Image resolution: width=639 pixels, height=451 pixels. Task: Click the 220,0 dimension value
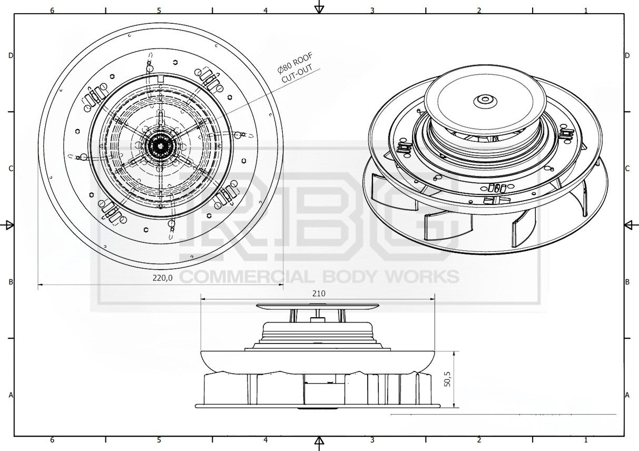(x=162, y=278)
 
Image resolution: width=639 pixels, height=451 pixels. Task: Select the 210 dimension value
(x=319, y=293)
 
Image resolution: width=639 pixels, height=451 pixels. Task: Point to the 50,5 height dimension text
(x=448, y=379)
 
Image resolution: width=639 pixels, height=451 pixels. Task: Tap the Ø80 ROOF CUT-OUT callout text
(x=296, y=67)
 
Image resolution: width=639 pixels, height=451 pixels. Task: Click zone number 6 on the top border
(x=52, y=10)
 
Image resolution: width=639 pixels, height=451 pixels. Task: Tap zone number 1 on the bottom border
(x=586, y=440)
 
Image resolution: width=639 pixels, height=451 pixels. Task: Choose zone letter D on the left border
(x=11, y=55)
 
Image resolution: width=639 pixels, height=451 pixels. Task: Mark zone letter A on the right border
(x=627, y=395)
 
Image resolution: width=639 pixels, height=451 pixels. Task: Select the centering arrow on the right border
(x=631, y=226)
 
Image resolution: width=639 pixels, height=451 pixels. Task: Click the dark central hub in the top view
(x=160, y=146)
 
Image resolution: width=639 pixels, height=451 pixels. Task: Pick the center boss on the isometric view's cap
(x=485, y=101)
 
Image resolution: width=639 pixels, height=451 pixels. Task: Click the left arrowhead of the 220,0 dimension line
(x=41, y=285)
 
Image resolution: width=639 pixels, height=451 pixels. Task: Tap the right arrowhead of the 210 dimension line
(x=432, y=299)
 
